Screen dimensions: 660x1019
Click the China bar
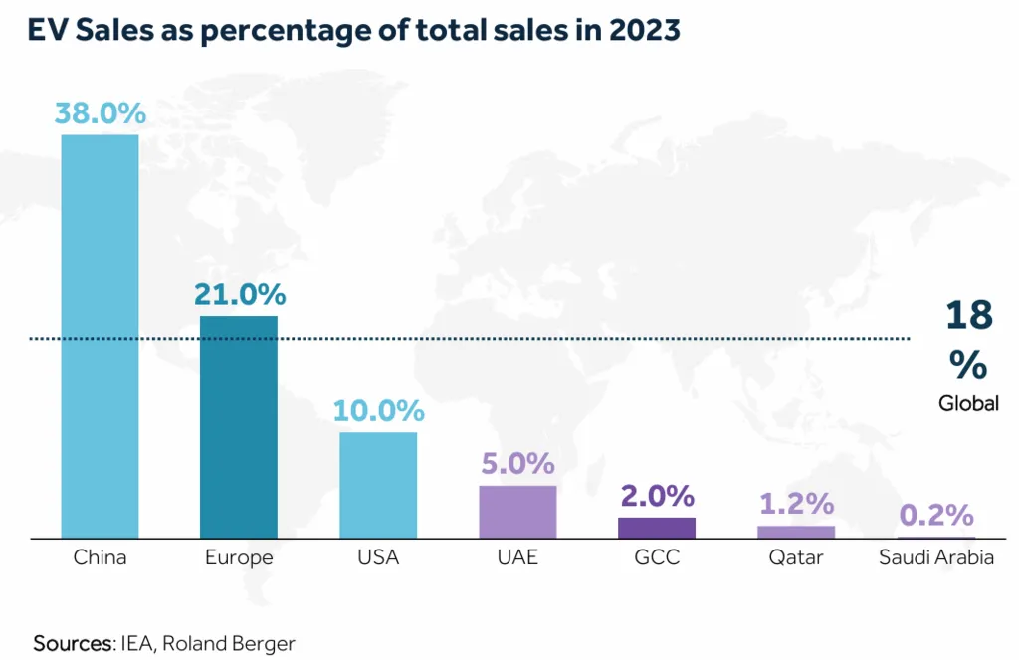(x=100, y=336)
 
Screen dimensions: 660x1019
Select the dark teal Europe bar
(x=239, y=427)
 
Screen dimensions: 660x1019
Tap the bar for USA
(x=378, y=485)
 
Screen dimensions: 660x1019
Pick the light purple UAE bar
(x=517, y=512)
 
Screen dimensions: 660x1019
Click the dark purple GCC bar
(x=657, y=528)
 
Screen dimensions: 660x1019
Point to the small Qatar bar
(x=796, y=532)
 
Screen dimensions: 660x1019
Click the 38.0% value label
(x=100, y=113)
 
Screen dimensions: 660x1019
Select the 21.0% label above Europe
(x=239, y=295)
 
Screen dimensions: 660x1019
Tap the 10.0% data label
(x=378, y=410)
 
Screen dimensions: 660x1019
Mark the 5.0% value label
(x=517, y=463)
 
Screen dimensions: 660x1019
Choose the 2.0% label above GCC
(x=657, y=496)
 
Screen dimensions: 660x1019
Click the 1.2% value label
(x=796, y=505)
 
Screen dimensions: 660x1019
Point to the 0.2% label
(x=935, y=515)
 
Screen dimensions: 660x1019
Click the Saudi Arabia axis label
(x=935, y=557)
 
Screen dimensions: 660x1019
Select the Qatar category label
(x=796, y=557)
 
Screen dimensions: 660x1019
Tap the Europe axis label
(x=239, y=557)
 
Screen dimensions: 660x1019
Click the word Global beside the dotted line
(x=968, y=404)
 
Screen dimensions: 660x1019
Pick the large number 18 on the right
(x=969, y=315)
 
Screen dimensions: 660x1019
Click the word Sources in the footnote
(x=73, y=643)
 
